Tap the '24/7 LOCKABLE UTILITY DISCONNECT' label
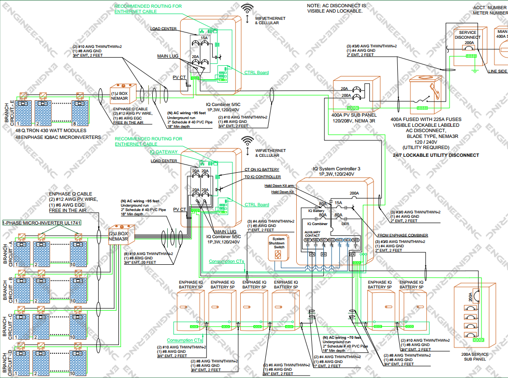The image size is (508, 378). (436, 155)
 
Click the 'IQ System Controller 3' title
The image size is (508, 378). (336, 169)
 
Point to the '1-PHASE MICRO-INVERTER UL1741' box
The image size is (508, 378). (42, 223)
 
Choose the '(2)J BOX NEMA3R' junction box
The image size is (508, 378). (118, 236)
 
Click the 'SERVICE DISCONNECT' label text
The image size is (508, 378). (467, 35)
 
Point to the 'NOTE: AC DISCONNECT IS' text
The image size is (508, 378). (337, 5)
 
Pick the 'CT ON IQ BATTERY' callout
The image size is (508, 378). (261, 170)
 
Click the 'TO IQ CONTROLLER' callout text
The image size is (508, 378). (262, 177)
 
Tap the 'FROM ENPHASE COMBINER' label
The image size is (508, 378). (402, 236)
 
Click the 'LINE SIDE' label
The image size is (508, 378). (498, 72)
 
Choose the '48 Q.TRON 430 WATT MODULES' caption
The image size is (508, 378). (51, 131)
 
